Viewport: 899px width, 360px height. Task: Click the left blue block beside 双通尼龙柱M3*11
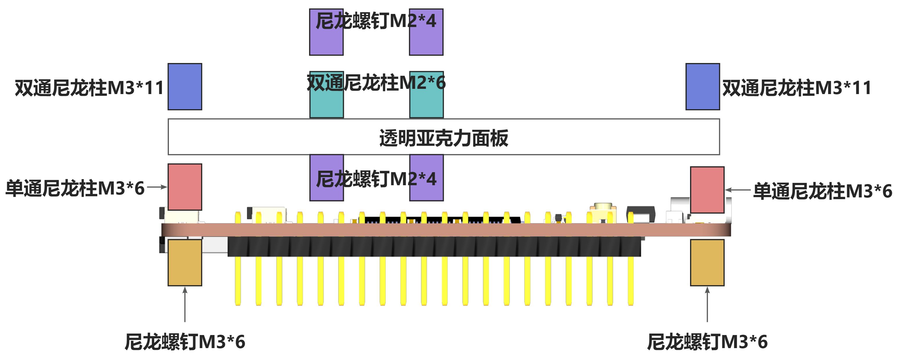(x=185, y=87)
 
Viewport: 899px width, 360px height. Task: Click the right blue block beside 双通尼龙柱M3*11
(x=702, y=87)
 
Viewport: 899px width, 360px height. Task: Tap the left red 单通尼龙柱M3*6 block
(x=185, y=187)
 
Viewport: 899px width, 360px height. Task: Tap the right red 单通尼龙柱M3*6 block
(x=707, y=190)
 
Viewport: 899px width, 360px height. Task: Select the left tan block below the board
(x=185, y=262)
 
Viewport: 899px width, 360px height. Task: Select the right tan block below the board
(x=707, y=262)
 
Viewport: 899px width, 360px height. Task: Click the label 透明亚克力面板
(x=444, y=138)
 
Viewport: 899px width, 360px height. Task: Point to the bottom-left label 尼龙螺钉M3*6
(x=185, y=341)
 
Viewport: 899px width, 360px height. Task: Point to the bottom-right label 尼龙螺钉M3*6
(x=707, y=341)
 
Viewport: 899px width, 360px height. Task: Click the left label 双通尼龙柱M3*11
(x=89, y=88)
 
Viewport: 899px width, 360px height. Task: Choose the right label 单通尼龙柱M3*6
(x=822, y=191)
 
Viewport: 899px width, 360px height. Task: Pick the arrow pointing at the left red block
(x=157, y=187)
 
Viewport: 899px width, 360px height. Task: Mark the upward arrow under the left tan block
(x=185, y=304)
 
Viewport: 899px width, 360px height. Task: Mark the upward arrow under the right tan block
(x=707, y=304)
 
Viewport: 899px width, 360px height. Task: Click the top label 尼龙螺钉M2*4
(x=376, y=21)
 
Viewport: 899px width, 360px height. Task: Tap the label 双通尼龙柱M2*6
(x=376, y=83)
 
